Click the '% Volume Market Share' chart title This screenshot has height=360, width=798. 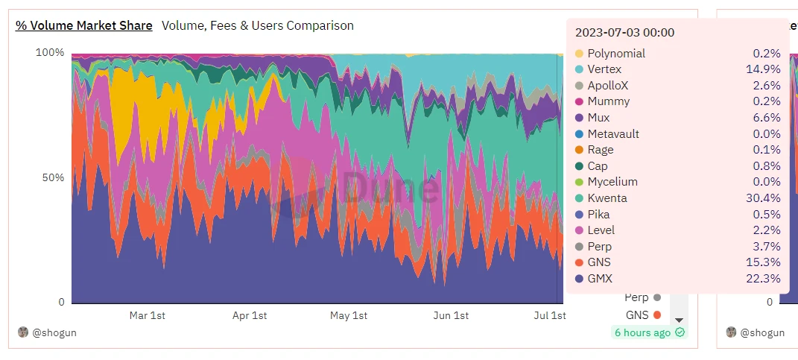tap(84, 25)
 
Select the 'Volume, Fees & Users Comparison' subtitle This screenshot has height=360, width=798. tap(258, 25)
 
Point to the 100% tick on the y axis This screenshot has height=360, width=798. tap(51, 53)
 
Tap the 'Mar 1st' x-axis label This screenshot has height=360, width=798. tap(147, 315)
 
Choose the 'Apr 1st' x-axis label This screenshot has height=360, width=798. tap(249, 315)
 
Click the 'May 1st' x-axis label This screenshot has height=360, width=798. tap(349, 315)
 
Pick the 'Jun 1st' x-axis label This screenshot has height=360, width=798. tap(451, 315)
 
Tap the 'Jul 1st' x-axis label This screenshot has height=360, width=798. tap(550, 315)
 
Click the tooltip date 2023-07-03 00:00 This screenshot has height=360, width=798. tap(624, 33)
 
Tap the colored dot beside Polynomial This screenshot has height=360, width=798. tap(579, 54)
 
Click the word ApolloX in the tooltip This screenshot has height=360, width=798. tap(607, 86)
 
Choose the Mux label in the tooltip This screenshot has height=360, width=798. tap(598, 118)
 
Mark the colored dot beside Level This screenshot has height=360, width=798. tap(579, 230)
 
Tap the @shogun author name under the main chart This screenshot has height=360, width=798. tap(54, 332)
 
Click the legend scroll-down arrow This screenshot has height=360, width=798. tap(679, 320)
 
